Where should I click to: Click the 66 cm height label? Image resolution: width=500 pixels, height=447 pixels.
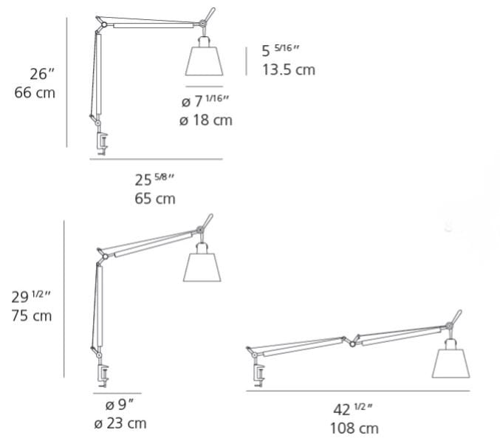click(x=35, y=93)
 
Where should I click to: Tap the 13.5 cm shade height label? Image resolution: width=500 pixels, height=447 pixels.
click(x=289, y=70)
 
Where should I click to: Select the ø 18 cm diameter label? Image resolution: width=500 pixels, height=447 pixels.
click(x=205, y=120)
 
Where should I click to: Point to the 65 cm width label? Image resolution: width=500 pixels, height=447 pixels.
click(x=155, y=199)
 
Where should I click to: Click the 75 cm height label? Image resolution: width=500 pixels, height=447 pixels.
click(x=32, y=316)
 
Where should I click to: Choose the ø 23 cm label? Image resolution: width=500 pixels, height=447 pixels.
click(x=120, y=423)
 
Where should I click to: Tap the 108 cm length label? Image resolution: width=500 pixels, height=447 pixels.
click(x=355, y=429)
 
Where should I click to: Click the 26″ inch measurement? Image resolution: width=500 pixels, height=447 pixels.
click(x=42, y=74)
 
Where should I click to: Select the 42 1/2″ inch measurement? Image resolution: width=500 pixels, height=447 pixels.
click(x=353, y=409)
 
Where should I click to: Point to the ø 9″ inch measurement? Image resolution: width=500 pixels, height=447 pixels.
click(x=119, y=405)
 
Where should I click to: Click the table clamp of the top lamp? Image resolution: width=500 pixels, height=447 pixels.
click(x=103, y=144)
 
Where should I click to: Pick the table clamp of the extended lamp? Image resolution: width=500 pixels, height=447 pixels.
click(x=259, y=375)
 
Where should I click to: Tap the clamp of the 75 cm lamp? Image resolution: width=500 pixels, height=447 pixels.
click(x=103, y=376)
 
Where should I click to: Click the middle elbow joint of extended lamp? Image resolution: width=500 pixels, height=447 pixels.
click(x=352, y=344)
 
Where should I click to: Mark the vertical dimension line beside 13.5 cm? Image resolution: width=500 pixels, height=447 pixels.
click(x=246, y=61)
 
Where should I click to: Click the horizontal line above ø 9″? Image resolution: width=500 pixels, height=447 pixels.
click(x=117, y=393)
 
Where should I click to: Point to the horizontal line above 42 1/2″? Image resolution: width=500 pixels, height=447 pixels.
click(x=357, y=391)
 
